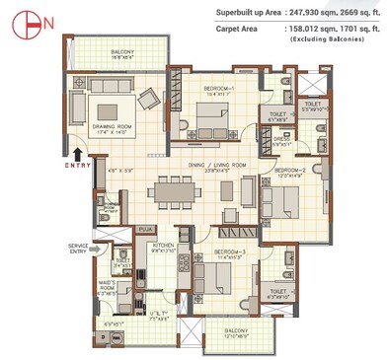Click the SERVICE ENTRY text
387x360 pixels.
point(79,248)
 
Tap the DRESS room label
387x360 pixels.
point(281,139)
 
